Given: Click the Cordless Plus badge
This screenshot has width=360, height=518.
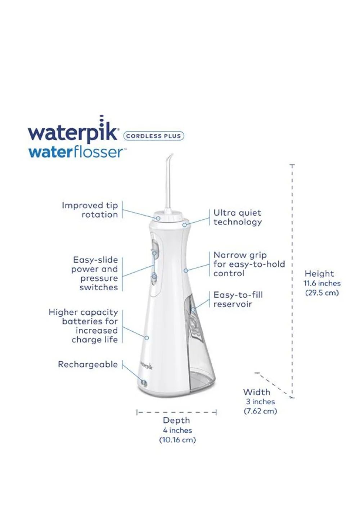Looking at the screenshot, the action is click(154, 136).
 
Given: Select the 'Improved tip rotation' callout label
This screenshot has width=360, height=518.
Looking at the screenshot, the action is click(90, 210).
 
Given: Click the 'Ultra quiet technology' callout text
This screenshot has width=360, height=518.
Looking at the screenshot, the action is click(237, 217).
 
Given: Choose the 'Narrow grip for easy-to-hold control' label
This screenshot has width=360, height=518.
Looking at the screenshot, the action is click(249, 264).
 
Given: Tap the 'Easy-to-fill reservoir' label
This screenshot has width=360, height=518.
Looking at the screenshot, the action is click(238, 299).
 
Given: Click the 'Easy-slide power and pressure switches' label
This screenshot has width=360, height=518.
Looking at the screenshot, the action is click(95, 273).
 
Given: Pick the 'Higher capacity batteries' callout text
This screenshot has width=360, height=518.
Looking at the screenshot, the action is click(83, 326).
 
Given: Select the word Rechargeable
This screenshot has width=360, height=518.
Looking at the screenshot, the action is click(88, 364).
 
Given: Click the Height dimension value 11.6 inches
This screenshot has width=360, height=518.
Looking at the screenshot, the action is click(322, 283).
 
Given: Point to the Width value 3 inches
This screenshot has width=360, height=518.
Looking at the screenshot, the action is click(260, 401).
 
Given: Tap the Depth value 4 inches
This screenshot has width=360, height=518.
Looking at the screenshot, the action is click(177, 430).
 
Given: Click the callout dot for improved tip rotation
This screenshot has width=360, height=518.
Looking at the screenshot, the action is click(158, 218).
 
